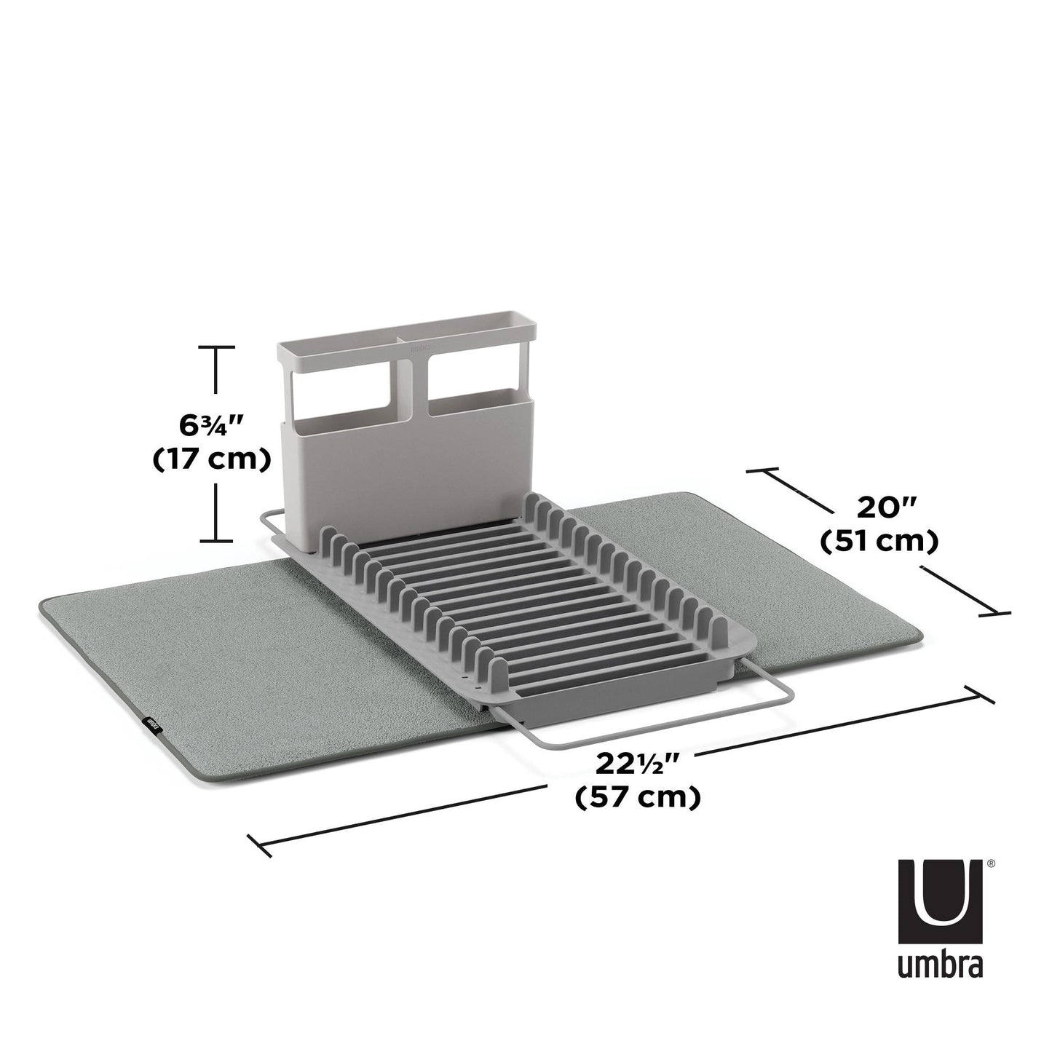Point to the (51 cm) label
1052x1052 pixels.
click(878, 542)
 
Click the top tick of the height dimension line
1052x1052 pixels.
click(217, 348)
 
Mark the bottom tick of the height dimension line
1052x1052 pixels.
click(217, 540)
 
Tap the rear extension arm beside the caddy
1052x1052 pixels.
click(271, 521)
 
